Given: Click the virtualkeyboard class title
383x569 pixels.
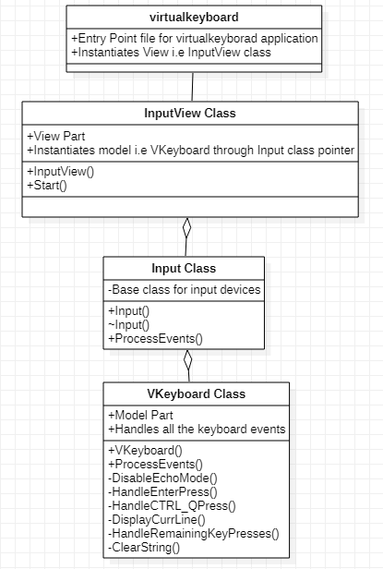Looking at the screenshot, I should point(194,18).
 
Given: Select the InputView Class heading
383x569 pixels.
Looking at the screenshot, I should point(190,114).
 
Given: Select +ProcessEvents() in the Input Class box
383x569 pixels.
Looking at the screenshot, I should point(155,339).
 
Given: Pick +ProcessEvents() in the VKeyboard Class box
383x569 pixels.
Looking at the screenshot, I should point(155,463).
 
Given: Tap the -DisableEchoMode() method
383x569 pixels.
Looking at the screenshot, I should point(162,478).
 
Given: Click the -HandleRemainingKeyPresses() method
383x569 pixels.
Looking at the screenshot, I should point(193,534).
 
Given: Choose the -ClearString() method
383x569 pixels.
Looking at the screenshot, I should point(145,548).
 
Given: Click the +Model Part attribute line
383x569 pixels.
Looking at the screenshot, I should point(141,415).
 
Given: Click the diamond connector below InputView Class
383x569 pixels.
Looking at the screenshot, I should point(186,228).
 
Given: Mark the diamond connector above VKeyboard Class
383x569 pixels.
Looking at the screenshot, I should point(187,360).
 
